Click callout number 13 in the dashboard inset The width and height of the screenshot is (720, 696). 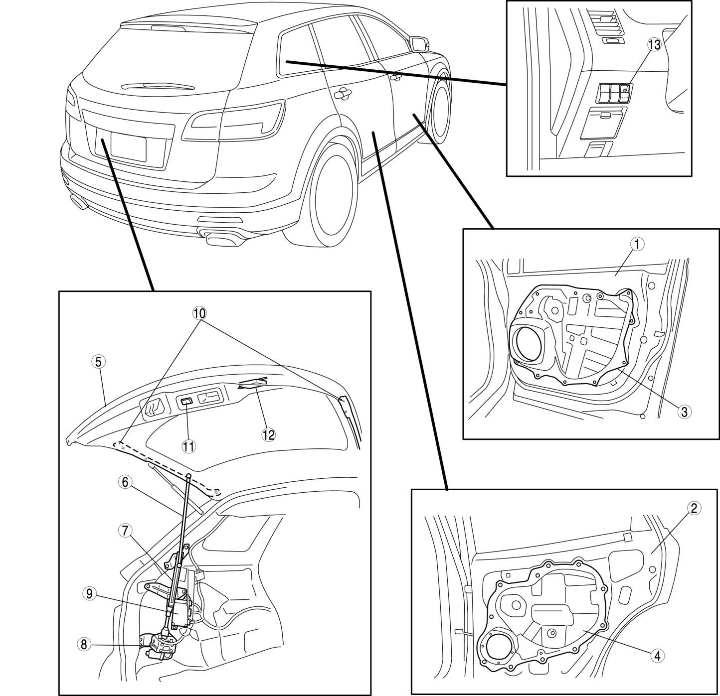pos(654,44)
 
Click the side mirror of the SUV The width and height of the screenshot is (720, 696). pos(418,43)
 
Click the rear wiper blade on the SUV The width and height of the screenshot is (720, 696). pos(155,87)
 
